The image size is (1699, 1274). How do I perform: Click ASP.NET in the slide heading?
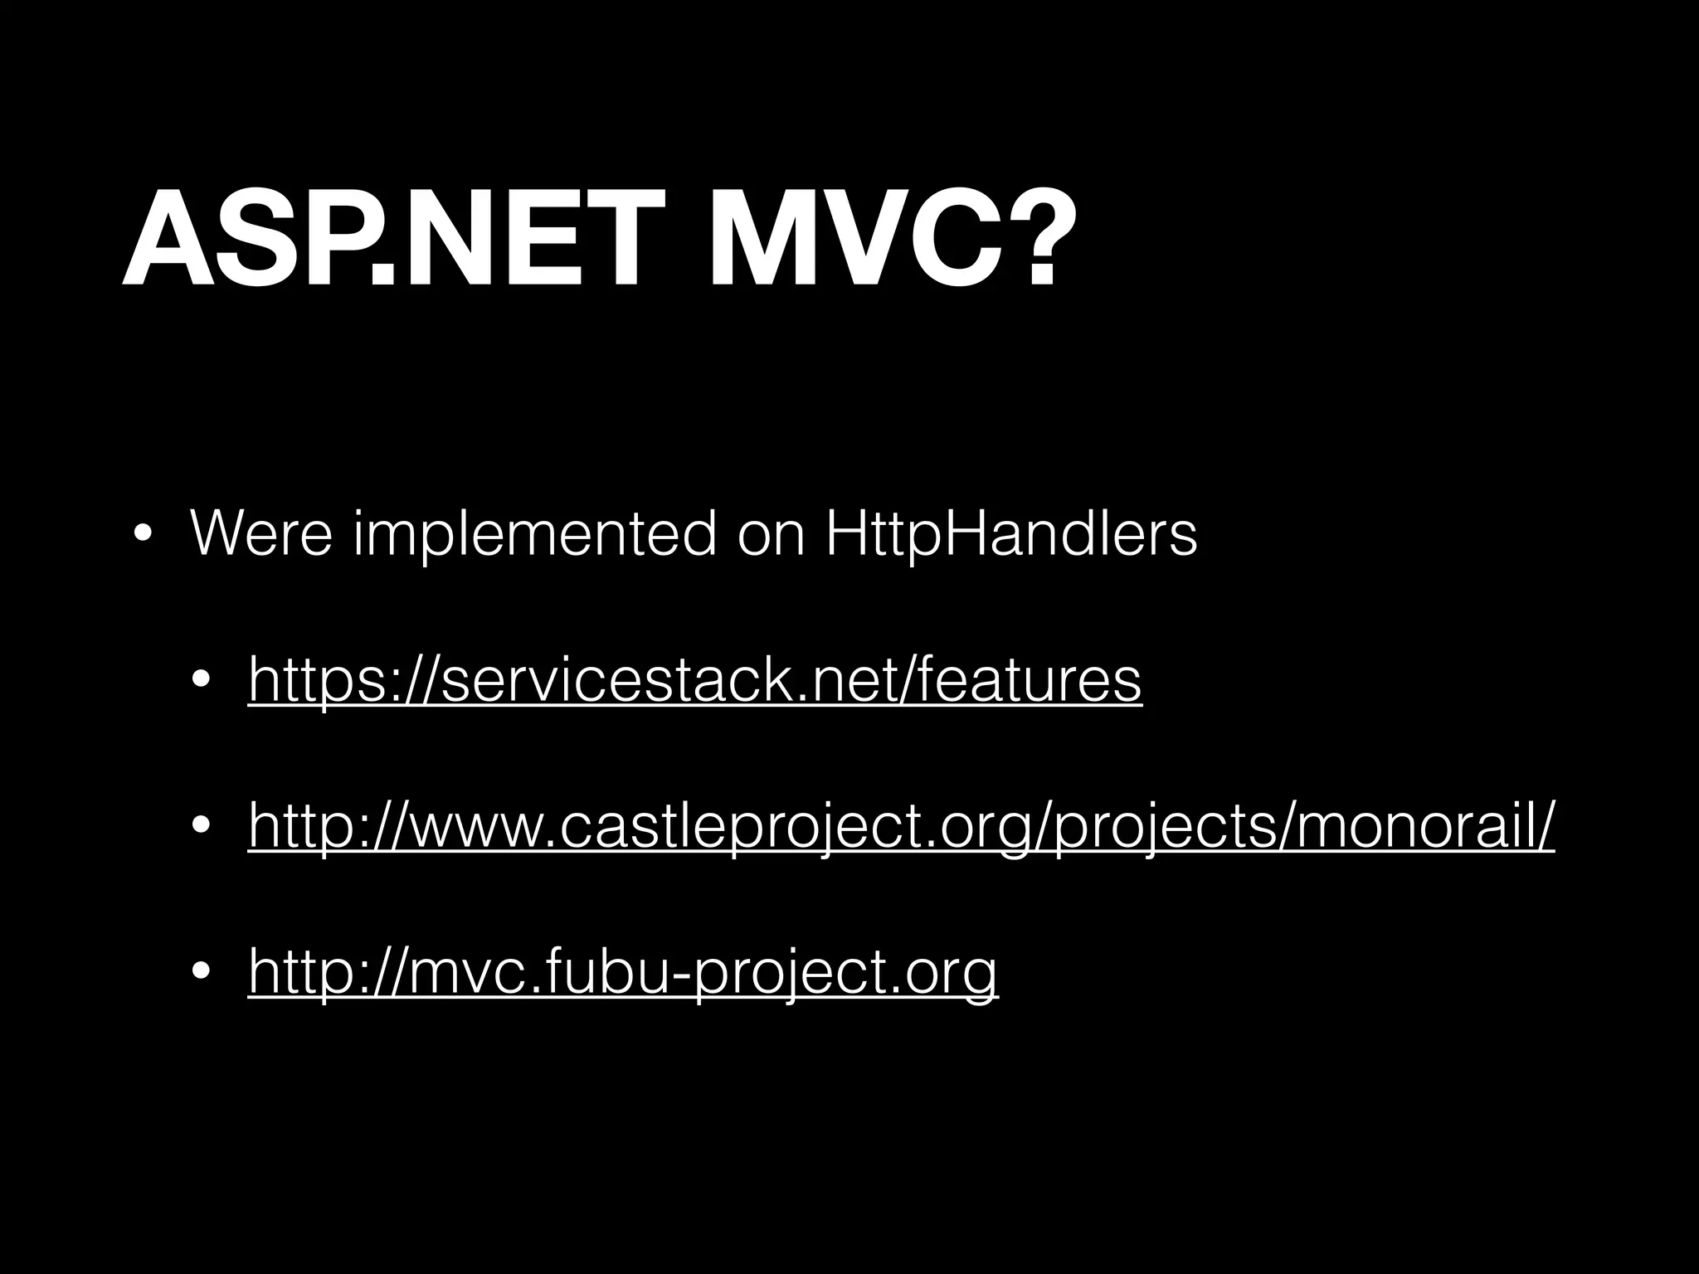pyautogui.click(x=382, y=238)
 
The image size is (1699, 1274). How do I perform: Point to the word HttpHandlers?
pyautogui.click(x=1011, y=536)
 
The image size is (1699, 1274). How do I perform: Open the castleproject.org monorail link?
pyautogui.click(x=901, y=827)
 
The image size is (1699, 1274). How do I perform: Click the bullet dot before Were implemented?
pyautogui.click(x=142, y=535)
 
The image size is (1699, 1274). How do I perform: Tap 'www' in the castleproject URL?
pyautogui.click(x=482, y=827)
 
